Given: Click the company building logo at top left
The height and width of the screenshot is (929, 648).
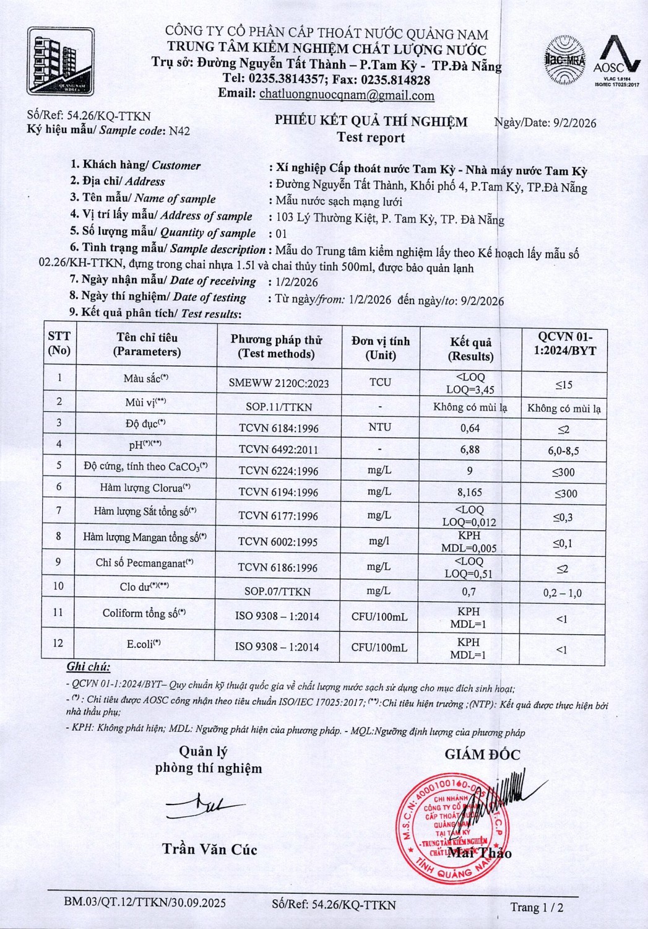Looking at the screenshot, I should click(x=59, y=60).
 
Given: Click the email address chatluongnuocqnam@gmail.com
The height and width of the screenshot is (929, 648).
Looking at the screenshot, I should click(x=347, y=95).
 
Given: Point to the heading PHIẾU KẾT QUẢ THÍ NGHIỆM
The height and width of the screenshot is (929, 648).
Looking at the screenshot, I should click(x=371, y=121).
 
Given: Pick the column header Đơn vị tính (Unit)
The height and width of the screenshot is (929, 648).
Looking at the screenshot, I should click(x=380, y=347).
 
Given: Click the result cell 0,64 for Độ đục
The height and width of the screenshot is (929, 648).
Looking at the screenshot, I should click(x=470, y=427).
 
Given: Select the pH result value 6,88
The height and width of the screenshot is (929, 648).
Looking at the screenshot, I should click(x=470, y=450).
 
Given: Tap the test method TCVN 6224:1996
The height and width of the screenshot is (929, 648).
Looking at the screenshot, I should click(x=279, y=471).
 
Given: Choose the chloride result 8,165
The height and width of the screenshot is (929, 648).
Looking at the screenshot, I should click(x=470, y=492).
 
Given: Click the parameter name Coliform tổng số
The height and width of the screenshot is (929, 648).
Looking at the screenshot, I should click(x=144, y=613).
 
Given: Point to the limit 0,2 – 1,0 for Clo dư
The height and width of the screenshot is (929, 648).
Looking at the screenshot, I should click(x=562, y=593).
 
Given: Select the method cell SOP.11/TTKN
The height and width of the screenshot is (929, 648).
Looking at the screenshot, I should click(x=279, y=407).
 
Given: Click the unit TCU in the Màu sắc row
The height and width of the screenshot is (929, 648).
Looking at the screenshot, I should click(x=380, y=382).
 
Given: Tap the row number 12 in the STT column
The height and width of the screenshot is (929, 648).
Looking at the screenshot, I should click(x=58, y=643).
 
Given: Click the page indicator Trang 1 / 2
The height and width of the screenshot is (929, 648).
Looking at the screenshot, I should click(x=537, y=907).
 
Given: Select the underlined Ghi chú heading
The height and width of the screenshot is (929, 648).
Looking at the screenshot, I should click(x=88, y=667).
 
